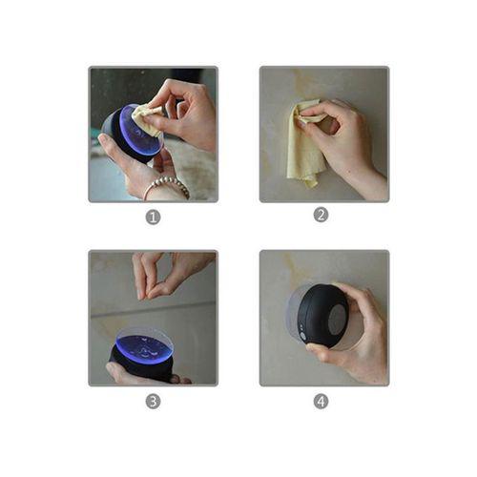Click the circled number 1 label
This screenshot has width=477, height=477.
pos(153,218)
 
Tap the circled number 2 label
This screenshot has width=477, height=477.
pos(321,216)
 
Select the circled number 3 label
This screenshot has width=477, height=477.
pos(153,402)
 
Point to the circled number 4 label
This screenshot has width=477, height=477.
pos(321,402)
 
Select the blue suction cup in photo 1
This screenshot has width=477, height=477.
pos(141,133)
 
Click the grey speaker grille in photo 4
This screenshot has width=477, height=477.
pos(338,322)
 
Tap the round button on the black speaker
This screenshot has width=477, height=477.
pos(303,336)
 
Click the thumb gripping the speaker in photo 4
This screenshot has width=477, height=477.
pos(321,353)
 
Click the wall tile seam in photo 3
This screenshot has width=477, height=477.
pos(154,309)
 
